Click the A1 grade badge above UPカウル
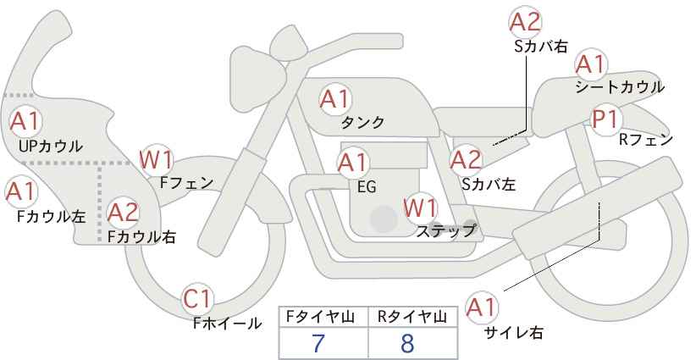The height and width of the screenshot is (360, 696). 25,121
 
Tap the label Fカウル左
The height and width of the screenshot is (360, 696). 51,217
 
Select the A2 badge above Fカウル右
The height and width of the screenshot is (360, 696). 124,212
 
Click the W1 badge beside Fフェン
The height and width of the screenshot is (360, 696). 156,160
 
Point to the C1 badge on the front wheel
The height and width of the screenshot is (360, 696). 197,299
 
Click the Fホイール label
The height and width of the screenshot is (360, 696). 227,324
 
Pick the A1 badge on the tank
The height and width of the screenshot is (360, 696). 335,99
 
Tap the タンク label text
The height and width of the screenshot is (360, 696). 362,122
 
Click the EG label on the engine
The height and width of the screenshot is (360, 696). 367,187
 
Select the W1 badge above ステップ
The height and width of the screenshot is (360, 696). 420,208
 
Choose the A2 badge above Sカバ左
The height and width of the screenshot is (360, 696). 466,160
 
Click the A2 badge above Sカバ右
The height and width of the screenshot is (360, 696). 526,22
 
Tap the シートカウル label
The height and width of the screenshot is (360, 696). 620,87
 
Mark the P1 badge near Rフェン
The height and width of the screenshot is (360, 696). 606,119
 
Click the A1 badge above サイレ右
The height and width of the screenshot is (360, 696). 482,307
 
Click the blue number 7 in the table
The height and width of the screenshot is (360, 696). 318,343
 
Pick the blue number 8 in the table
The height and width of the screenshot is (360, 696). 407,343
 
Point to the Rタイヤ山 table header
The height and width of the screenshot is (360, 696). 412,317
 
